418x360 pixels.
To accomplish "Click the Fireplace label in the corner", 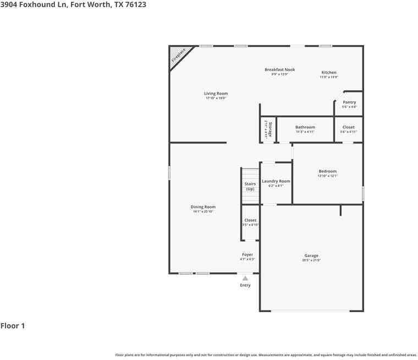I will [x=179, y=55].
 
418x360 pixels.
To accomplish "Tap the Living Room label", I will [x=216, y=94].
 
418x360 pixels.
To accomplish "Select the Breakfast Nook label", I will [x=279, y=70].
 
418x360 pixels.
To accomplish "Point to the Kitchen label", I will [x=329, y=73].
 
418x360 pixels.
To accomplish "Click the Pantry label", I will [x=349, y=102].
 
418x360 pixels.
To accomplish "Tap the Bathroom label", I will [x=305, y=127].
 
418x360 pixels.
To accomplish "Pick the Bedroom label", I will [x=327, y=171].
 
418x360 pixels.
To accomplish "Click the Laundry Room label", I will [x=276, y=181].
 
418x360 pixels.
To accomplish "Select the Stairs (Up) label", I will [x=250, y=186].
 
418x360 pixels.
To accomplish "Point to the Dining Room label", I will [x=203, y=207].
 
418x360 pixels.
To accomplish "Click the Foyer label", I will [x=248, y=254].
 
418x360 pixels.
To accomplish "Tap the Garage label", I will [x=311, y=255].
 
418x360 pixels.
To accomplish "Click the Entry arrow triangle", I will [x=245, y=279].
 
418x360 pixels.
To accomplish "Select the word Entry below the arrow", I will [x=245, y=285].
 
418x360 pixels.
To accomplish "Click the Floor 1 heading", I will [x=13, y=326].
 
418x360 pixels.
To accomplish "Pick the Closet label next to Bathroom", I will [x=348, y=127].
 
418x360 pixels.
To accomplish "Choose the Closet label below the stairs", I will [x=250, y=220].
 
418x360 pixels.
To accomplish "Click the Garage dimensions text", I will [x=312, y=260].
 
